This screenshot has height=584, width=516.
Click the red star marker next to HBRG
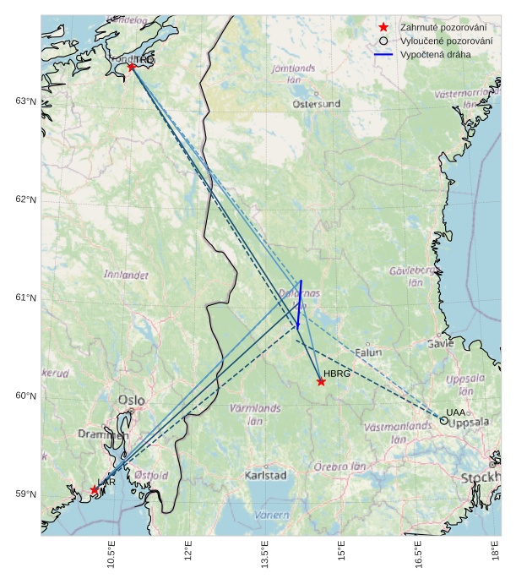click(x=321, y=382)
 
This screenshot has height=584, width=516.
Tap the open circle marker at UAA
click(x=444, y=420)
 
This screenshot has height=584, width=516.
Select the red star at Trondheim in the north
click(x=132, y=67)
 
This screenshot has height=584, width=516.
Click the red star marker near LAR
click(x=94, y=490)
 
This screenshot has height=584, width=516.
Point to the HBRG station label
click(x=337, y=373)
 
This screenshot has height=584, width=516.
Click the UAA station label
click(x=456, y=412)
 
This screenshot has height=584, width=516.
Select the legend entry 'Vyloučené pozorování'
click(x=447, y=41)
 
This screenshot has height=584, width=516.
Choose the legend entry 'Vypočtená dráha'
click(x=436, y=54)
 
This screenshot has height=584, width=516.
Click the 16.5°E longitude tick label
click(x=419, y=557)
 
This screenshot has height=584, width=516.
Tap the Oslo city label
click(x=131, y=400)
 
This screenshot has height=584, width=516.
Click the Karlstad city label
click(x=265, y=475)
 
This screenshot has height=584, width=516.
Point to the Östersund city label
click(x=317, y=104)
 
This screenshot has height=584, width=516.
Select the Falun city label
click(x=368, y=352)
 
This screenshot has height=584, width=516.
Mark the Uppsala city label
click(x=469, y=423)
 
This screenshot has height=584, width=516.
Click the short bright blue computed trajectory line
click(x=300, y=304)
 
